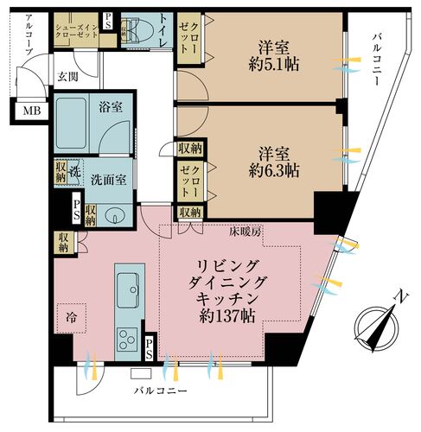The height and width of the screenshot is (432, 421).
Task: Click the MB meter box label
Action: click(30, 110)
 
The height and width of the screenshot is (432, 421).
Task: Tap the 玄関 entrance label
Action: click(68, 77)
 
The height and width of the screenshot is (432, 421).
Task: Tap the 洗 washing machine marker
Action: click(75, 170)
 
